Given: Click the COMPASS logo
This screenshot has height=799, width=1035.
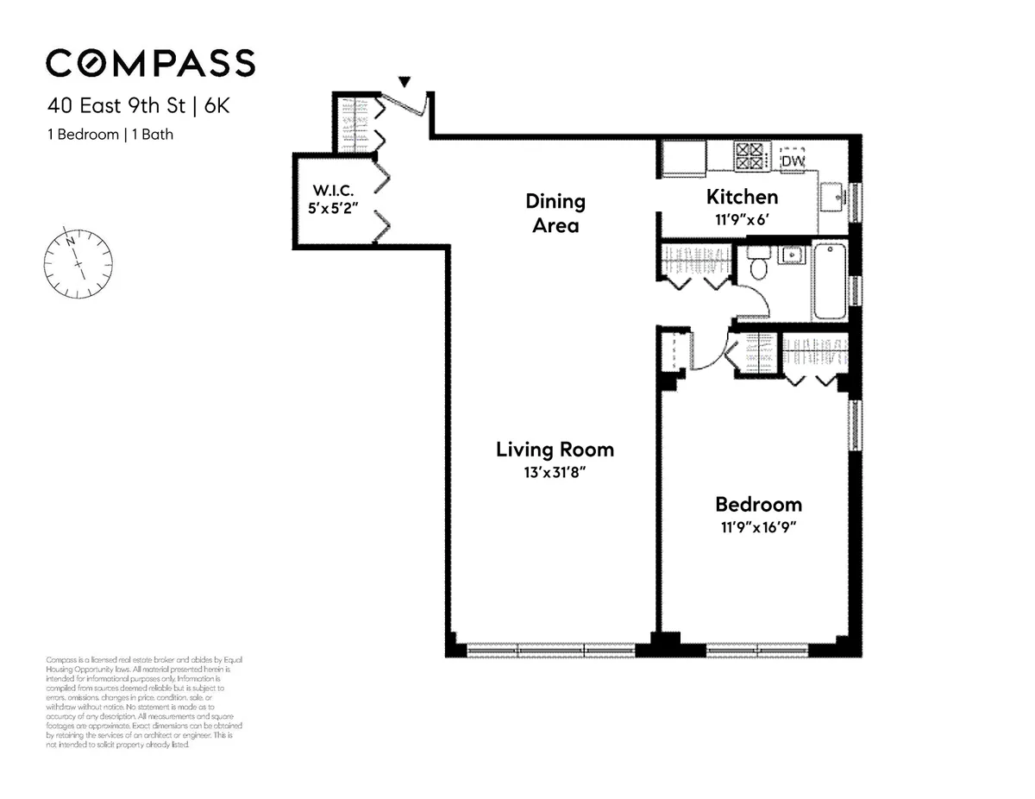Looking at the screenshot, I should point(150,64).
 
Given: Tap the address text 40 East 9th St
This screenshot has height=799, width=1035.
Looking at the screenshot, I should point(121,108).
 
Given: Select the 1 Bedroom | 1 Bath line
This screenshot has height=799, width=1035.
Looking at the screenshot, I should point(110,135).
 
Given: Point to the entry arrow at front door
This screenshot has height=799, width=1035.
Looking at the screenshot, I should point(404,82).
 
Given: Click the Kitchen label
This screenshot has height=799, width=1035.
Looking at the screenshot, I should point(742,197).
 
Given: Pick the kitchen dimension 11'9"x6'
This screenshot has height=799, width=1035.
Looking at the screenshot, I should point(742,218).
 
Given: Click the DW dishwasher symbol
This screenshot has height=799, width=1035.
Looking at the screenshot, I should point(792,160).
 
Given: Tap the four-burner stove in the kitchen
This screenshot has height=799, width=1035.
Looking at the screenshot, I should point(749,155).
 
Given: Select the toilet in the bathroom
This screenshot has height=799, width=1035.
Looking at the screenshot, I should point(759,263).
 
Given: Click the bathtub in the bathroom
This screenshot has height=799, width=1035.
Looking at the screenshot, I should point(830,281).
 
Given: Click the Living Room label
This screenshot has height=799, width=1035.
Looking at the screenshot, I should point(555,450).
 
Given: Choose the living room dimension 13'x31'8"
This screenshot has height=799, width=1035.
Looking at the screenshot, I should point(555,473).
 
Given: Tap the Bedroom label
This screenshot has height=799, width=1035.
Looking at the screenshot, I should point(758,505).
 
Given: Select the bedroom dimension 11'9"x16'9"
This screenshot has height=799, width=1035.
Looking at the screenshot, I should point(758,528).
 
